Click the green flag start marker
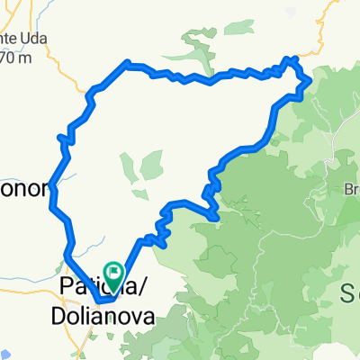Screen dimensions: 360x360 pyautogui.click(x=114, y=270)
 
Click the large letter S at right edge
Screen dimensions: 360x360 pyautogui.click(x=350, y=290)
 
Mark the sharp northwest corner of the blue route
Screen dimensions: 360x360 pyautogui.click(x=128, y=63)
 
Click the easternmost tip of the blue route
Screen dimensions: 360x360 pyautogui.click(x=310, y=81)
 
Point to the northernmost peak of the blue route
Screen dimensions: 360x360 pyautogui.click(x=290, y=59)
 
